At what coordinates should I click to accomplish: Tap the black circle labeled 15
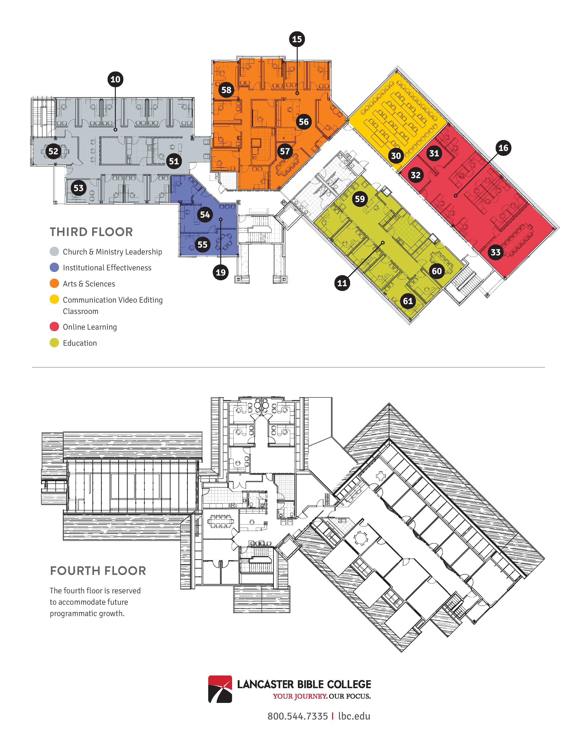pyautogui.click(x=297, y=39)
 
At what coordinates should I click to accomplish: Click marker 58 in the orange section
pyautogui.click(x=226, y=90)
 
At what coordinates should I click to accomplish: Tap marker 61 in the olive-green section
pyautogui.click(x=408, y=301)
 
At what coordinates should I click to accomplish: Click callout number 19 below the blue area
pyautogui.click(x=220, y=273)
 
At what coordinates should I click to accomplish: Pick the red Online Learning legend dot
pyautogui.click(x=54, y=327)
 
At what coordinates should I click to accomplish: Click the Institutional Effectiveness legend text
pyautogui.click(x=107, y=268)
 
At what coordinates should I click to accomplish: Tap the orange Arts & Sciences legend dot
pyautogui.click(x=54, y=284)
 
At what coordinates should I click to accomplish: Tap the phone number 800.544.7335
pyautogui.click(x=297, y=716)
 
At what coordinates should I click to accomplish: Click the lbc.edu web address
pyautogui.click(x=354, y=716)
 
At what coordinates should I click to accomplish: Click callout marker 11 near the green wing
pyautogui.click(x=342, y=283)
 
